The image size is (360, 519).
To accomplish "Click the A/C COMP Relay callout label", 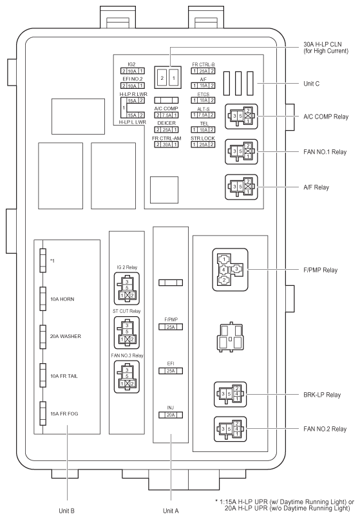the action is coord(326,117).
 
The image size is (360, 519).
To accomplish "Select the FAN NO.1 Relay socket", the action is coord(241,152).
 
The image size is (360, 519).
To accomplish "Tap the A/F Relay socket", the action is coord(241,187).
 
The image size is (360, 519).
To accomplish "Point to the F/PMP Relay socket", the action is coord(230,270).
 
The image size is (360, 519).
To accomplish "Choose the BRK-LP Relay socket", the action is coord(230,394).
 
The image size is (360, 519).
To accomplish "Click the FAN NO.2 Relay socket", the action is coord(230,429).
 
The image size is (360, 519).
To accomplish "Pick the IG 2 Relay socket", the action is coord(127,288).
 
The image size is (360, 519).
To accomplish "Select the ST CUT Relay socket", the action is coord(127,332).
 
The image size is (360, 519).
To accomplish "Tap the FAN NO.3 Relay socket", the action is coord(127,377).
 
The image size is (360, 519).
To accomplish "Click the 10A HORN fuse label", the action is coord(62,299).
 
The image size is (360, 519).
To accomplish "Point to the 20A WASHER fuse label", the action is coord(65,336).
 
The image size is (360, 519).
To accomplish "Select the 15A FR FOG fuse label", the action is coord(64,414).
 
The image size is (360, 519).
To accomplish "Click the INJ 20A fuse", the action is coord(171,415).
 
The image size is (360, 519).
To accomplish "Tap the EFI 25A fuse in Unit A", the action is coord(171,371).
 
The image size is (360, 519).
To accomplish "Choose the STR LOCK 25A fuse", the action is coord(203,144).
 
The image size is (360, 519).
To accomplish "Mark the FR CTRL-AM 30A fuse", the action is coord(166,144).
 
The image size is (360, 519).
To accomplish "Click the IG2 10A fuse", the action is coord(132,71).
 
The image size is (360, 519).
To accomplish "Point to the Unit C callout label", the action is coord(311,84).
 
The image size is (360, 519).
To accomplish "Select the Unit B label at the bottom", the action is coord(66,511).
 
